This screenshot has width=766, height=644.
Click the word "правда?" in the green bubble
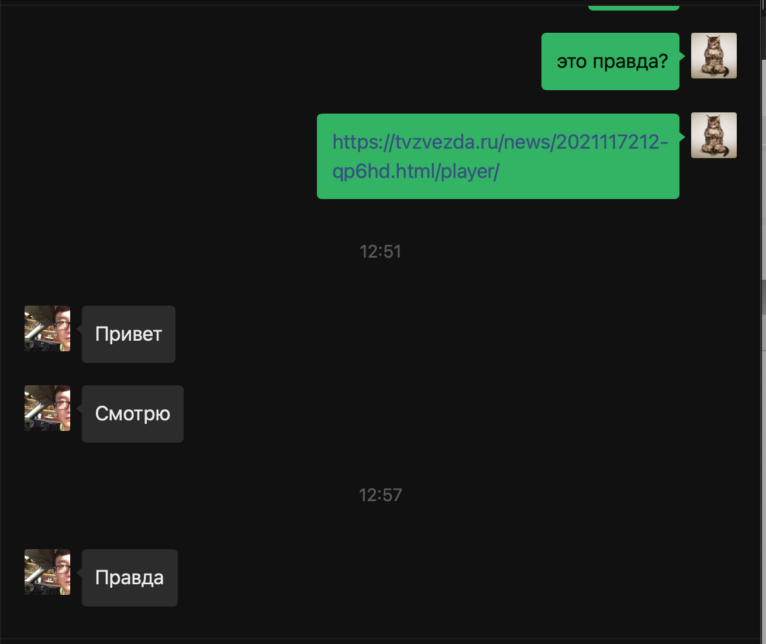click(x=630, y=61)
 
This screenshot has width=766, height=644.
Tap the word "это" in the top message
click(x=572, y=61)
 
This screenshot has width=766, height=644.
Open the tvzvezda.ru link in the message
click(x=500, y=156)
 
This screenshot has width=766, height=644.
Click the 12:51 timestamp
click(x=381, y=252)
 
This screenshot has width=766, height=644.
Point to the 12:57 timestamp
click(x=381, y=495)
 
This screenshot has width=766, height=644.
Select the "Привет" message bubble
click(x=129, y=334)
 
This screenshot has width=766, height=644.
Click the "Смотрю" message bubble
click(x=132, y=414)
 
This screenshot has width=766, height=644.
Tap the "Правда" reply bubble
click(x=129, y=577)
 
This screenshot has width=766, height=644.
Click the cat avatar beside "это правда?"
click(x=713, y=56)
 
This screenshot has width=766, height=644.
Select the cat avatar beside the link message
click(x=713, y=135)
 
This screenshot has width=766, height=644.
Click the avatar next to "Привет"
click(x=47, y=328)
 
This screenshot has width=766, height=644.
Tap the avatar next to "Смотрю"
click(x=47, y=408)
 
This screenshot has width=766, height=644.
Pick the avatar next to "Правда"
click(x=47, y=572)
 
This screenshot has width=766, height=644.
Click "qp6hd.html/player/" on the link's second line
click(x=416, y=172)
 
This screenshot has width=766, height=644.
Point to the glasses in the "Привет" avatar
click(x=61, y=325)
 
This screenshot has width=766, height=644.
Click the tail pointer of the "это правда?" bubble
click(x=682, y=56)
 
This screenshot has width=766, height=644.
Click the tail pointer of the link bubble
click(x=682, y=137)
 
